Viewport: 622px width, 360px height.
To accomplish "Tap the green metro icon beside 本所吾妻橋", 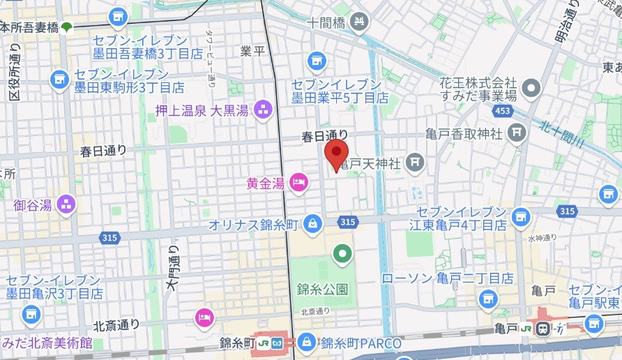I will click(x=66, y=28).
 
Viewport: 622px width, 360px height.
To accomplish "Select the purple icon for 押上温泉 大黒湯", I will click(x=264, y=108).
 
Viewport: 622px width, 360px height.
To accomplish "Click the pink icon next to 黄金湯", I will click(x=298, y=183).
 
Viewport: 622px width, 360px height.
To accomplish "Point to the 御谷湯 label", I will click(x=32, y=205).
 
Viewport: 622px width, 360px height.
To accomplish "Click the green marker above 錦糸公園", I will click(x=341, y=255).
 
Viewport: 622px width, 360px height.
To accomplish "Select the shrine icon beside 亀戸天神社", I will click(x=416, y=163).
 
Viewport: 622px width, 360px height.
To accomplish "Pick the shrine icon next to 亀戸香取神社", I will click(x=517, y=131).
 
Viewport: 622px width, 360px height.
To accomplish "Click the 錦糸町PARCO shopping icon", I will click(x=306, y=342).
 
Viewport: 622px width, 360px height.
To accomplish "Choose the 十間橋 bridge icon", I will click(x=358, y=22).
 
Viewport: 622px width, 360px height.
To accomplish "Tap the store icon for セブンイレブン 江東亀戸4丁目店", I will click(x=520, y=218).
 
